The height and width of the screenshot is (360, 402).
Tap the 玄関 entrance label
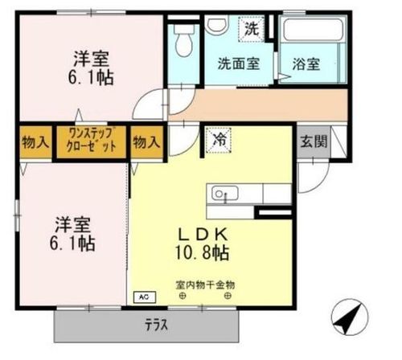pyautogui.click(x=314, y=142)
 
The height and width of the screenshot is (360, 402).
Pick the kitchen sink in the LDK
pyautogui.click(x=222, y=194)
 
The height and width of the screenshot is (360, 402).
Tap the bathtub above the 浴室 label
pyautogui.click(x=314, y=31)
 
